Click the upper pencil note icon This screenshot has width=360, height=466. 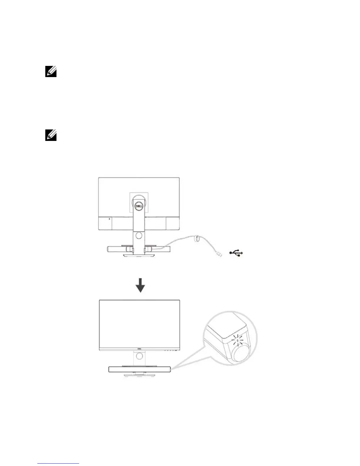[51, 72]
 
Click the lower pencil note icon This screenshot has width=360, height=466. [51, 136]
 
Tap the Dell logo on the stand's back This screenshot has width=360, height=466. [139, 206]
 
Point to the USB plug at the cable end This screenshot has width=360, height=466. [219, 254]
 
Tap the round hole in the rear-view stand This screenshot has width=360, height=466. [139, 235]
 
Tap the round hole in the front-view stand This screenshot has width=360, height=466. [139, 356]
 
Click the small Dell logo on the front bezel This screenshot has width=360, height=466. [139, 350]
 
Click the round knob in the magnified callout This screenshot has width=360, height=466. [242, 353]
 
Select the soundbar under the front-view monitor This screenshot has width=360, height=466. [139, 369]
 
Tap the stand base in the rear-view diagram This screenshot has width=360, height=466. [139, 256]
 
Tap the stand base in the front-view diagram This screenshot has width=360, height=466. [139, 375]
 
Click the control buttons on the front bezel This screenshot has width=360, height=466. [171, 350]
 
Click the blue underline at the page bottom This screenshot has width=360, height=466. [58, 463]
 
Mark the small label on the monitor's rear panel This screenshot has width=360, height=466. [109, 219]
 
